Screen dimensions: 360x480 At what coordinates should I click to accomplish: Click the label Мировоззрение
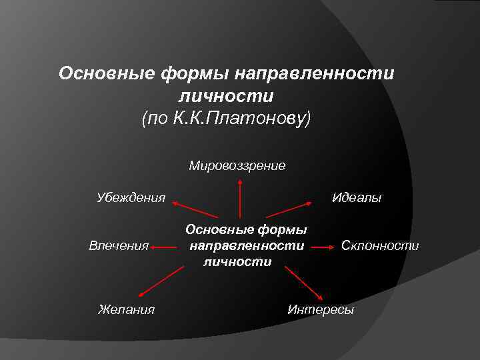point(237,165)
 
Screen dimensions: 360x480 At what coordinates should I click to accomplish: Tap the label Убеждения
point(131,197)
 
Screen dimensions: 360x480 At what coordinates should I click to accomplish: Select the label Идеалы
point(357,197)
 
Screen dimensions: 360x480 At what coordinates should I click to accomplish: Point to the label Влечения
point(119,246)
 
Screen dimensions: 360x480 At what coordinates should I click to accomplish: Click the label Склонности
point(380,246)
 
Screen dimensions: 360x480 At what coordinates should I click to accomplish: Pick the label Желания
point(126,309)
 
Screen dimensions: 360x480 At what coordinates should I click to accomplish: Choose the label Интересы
point(321,310)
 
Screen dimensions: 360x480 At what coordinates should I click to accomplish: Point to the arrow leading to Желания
point(161,281)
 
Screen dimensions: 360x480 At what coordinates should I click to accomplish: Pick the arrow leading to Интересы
point(304,284)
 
